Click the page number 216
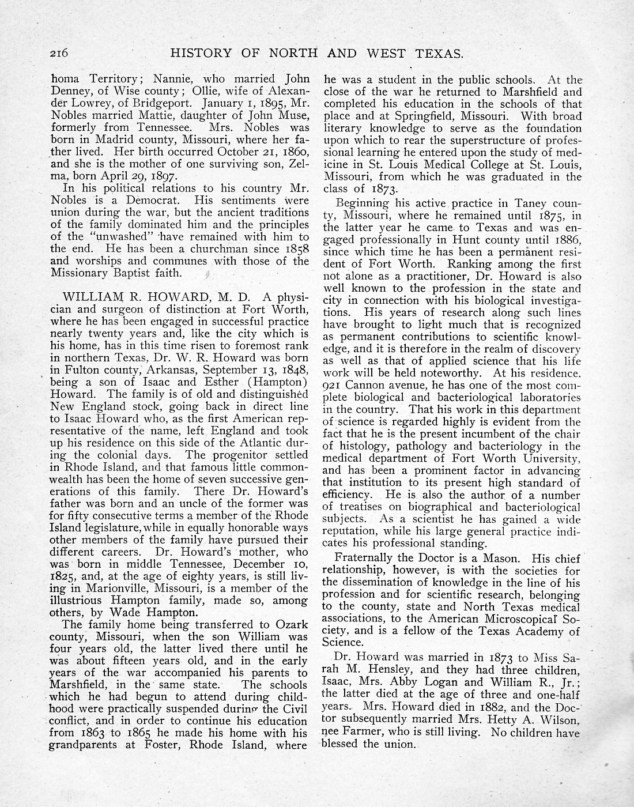coord(59,54)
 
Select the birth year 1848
coord(295,369)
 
